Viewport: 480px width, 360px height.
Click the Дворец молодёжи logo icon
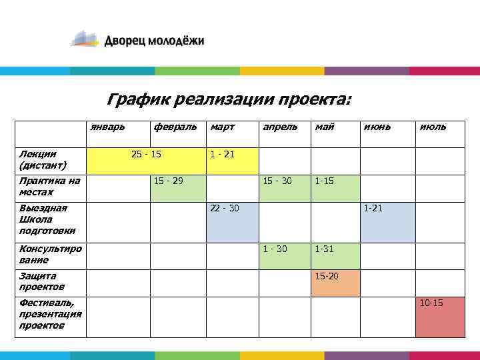[x=85, y=39]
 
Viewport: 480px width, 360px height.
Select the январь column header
[x=107, y=126]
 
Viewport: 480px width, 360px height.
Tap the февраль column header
[x=175, y=126]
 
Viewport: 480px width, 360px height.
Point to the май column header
[x=325, y=126]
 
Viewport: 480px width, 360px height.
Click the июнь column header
[x=377, y=126]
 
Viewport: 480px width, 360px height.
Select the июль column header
[x=433, y=126]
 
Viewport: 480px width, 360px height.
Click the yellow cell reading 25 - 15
[x=147, y=160]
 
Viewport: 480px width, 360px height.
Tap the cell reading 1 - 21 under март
[x=231, y=160]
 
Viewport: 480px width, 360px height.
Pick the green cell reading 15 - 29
[x=177, y=188]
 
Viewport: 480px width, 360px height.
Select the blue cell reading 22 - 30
[x=231, y=222]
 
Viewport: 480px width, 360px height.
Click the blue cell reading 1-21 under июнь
[x=387, y=222]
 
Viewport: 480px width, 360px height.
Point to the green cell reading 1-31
[x=335, y=255]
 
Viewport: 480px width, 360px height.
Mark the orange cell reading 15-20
[x=335, y=283]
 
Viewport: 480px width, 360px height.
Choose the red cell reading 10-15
[x=440, y=317]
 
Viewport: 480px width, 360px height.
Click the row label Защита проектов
[x=42, y=281]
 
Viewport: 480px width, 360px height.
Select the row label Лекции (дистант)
[x=43, y=159]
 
